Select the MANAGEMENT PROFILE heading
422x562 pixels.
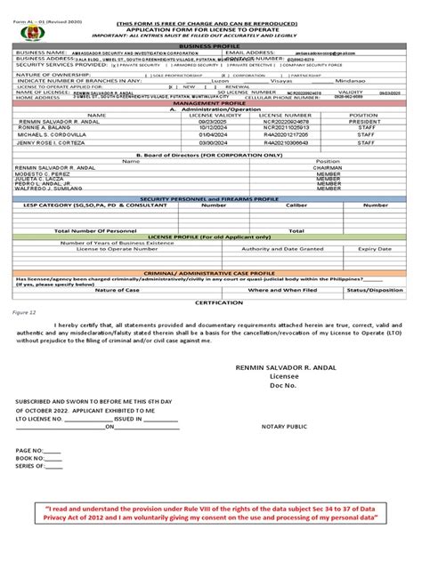pyautogui.click(x=210, y=103)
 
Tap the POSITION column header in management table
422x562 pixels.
pyautogui.click(x=363, y=116)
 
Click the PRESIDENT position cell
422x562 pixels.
pyautogui.click(x=363, y=122)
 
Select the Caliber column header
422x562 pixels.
pyautogui.click(x=296, y=205)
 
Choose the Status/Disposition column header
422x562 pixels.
pyautogui.click(x=375, y=290)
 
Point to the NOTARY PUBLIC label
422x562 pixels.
pyautogui.click(x=285, y=427)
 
